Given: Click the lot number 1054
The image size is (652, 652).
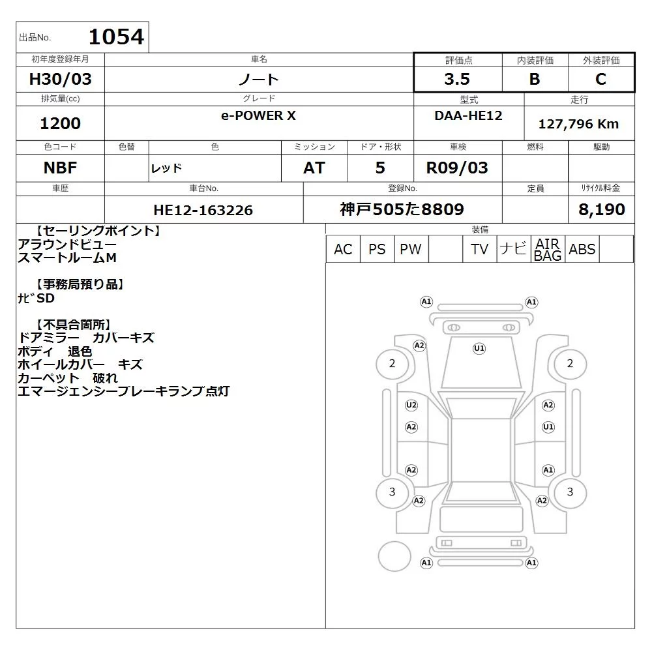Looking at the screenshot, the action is (117, 37).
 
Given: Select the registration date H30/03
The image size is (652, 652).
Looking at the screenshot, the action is (60, 79).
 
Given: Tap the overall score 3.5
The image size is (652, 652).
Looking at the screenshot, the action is (457, 79).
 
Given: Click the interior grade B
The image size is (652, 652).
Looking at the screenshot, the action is (535, 79).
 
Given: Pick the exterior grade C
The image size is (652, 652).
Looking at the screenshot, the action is (600, 79).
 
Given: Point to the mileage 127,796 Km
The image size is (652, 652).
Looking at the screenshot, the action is (578, 124).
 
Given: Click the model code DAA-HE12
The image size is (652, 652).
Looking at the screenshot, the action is (468, 115).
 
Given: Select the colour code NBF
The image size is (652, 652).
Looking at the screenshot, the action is (60, 168).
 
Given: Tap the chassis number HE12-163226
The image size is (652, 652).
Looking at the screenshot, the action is (203, 210).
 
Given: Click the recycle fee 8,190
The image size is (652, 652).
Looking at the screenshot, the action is (601, 209).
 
